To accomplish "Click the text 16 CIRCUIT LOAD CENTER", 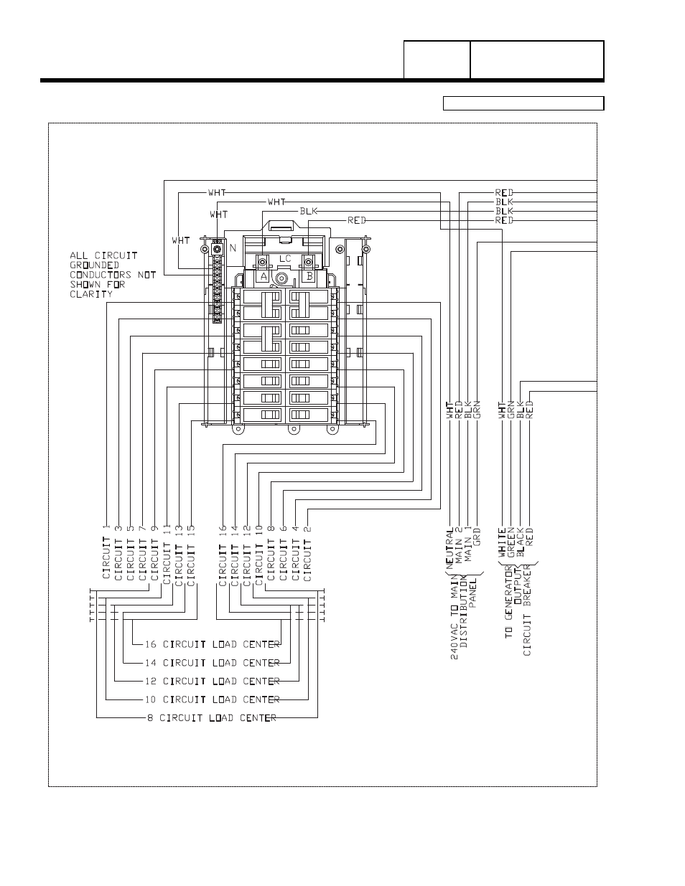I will [x=213, y=644].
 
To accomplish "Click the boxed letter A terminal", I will [x=264, y=276].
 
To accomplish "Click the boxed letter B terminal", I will [x=309, y=276].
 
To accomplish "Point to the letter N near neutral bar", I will [x=233, y=248].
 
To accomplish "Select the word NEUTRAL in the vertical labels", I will [x=449, y=549].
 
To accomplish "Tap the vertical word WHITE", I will [x=502, y=543].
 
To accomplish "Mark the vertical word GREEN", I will [x=511, y=543].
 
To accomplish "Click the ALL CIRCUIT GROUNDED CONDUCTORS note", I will [x=112, y=275].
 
